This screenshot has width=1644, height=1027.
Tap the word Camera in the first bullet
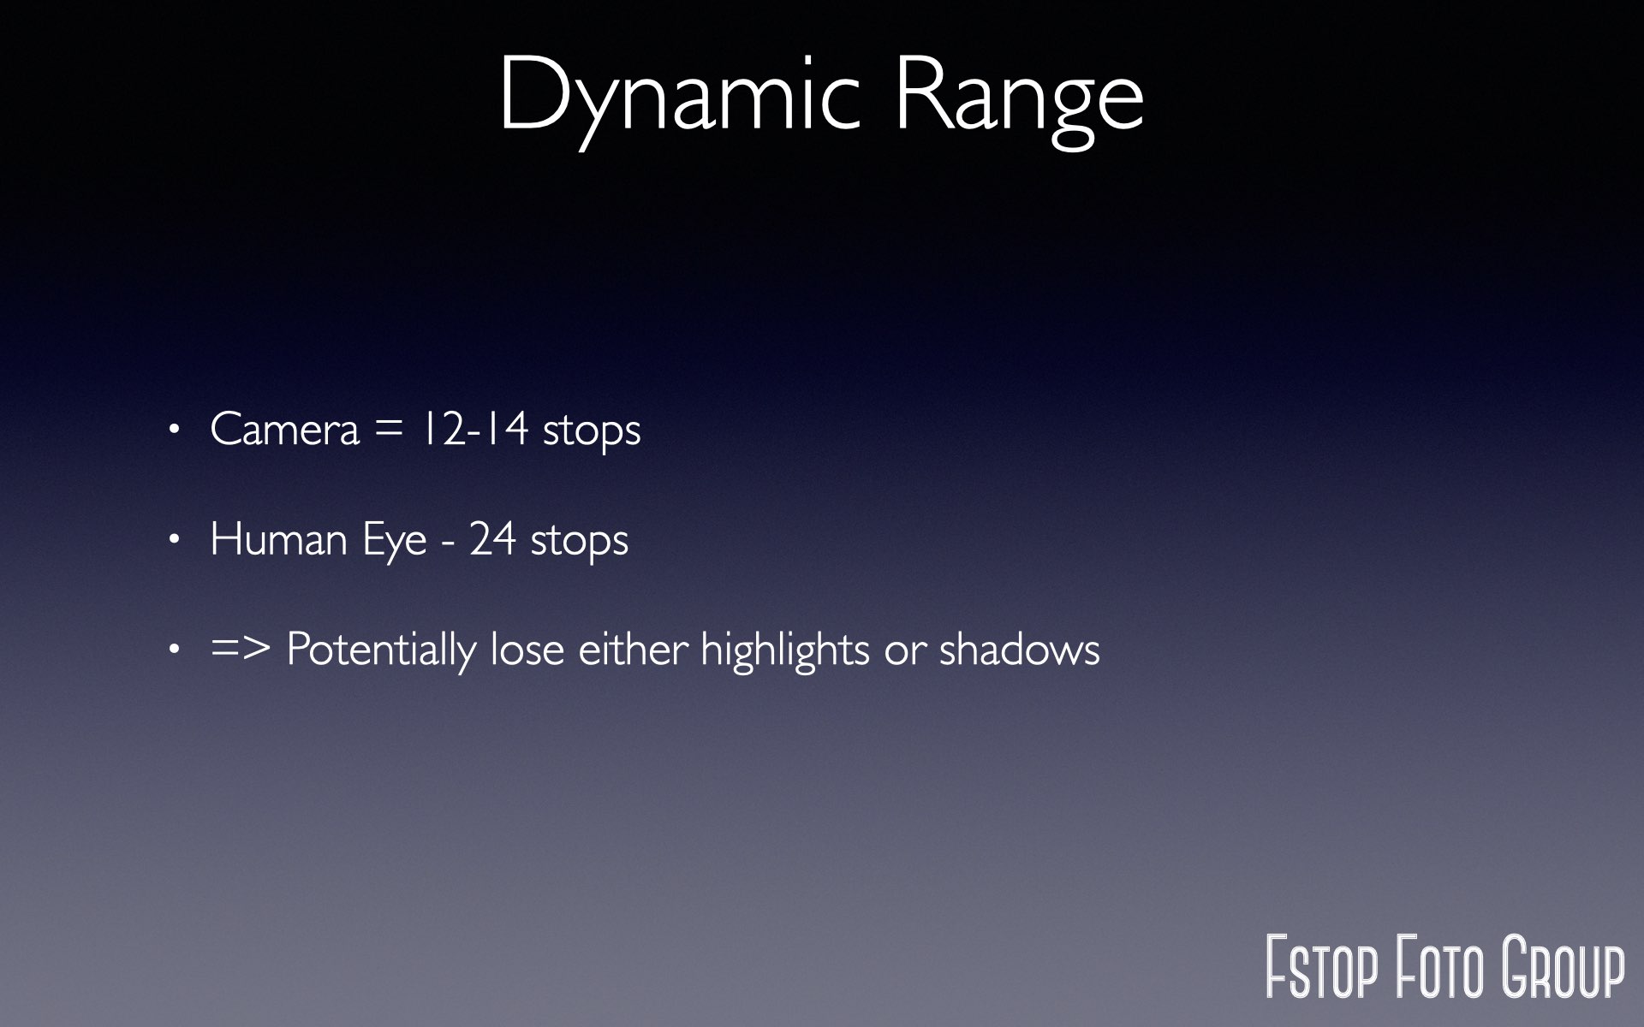coord(284,429)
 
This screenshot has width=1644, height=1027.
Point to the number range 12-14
coord(474,428)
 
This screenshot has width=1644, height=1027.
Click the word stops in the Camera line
coord(592,430)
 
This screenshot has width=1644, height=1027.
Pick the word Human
coord(278,539)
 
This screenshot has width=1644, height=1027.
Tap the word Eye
coord(394,542)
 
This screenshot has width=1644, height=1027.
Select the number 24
coord(492,538)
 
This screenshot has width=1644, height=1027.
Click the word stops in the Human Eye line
coord(580,541)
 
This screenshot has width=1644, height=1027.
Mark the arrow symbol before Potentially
coord(241,649)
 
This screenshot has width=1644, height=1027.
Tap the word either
coord(634,649)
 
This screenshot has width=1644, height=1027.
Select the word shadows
coord(1020,649)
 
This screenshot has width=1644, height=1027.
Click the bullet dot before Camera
coord(175,430)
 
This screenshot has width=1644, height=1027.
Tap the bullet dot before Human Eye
coord(175,540)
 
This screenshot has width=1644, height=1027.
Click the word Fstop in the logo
coord(1322,967)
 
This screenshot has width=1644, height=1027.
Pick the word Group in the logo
coord(1564,967)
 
